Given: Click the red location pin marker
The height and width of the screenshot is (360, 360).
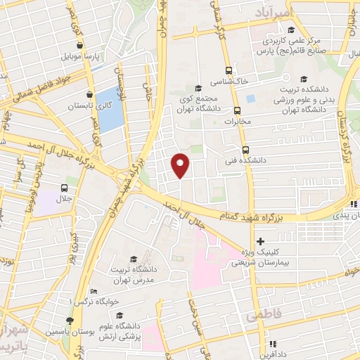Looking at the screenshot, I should point(181,165).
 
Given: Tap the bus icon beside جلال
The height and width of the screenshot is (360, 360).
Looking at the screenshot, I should point(65,188).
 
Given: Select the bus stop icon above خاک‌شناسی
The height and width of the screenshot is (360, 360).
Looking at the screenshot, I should point(229,70).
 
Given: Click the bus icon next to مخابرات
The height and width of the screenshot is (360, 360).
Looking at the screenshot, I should point(237,110).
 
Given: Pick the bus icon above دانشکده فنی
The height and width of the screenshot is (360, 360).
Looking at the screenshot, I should point(245,150).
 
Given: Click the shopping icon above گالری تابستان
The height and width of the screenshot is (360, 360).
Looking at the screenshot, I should point(89,94).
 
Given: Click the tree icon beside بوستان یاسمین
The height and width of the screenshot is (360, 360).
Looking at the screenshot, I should point(70,321).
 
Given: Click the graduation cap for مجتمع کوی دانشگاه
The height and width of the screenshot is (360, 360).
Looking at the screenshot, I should point(198,88).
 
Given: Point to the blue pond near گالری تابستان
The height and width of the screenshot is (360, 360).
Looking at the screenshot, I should point(109,110).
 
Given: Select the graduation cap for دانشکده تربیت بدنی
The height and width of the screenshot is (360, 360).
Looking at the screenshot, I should point(303,79).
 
